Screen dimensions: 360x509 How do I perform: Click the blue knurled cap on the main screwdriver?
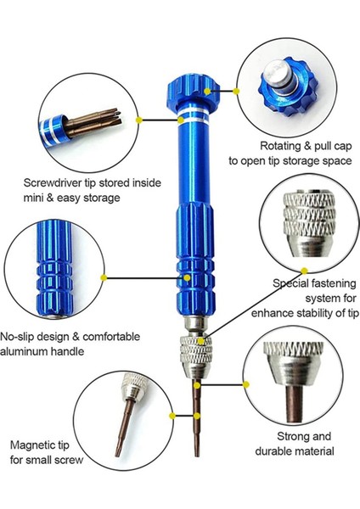pos(193,88)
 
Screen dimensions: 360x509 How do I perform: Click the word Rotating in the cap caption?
pos(280,147)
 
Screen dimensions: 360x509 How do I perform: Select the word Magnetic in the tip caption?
pos(31,445)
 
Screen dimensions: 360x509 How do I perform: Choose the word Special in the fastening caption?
pos(290,283)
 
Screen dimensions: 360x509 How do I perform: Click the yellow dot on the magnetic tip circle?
pos(172,416)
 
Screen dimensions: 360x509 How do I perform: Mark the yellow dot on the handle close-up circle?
pos(104,277)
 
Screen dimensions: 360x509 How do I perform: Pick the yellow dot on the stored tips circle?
pos(139,120)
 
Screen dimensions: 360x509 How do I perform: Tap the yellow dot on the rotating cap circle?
pos(236,92)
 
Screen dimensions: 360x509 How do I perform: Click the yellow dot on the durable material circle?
pos(246,384)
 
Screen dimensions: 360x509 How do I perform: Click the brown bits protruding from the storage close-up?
pos(94,122)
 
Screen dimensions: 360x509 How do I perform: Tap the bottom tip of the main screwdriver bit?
pos(197,456)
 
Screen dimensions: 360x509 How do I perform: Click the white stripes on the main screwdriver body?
pos(194,115)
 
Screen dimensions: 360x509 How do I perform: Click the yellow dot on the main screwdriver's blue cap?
pos(208,92)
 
